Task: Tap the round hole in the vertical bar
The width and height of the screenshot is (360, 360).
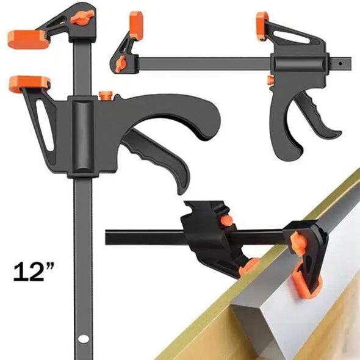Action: (x=83, y=338)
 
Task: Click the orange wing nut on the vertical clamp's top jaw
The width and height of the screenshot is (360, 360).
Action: (x=82, y=17)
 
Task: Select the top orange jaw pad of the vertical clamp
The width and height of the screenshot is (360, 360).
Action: (x=28, y=40)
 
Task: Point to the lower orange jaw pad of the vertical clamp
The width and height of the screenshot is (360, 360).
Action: (x=30, y=84)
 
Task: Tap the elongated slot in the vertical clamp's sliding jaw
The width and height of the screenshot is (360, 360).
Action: (x=45, y=125)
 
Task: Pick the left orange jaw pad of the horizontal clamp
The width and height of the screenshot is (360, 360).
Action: (x=136, y=25)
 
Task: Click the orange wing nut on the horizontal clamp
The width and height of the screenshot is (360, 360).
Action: (x=121, y=63)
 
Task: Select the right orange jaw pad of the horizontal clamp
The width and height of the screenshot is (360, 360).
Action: (x=262, y=26)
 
